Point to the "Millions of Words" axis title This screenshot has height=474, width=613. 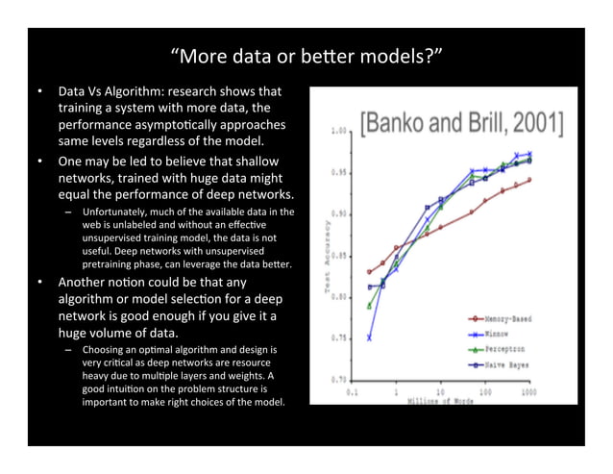(441, 400)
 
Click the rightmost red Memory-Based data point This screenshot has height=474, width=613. (528, 180)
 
